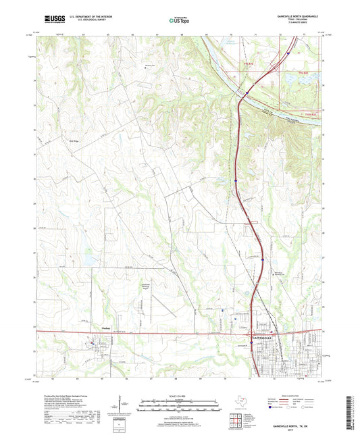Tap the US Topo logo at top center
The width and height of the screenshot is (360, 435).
pos(178,20)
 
